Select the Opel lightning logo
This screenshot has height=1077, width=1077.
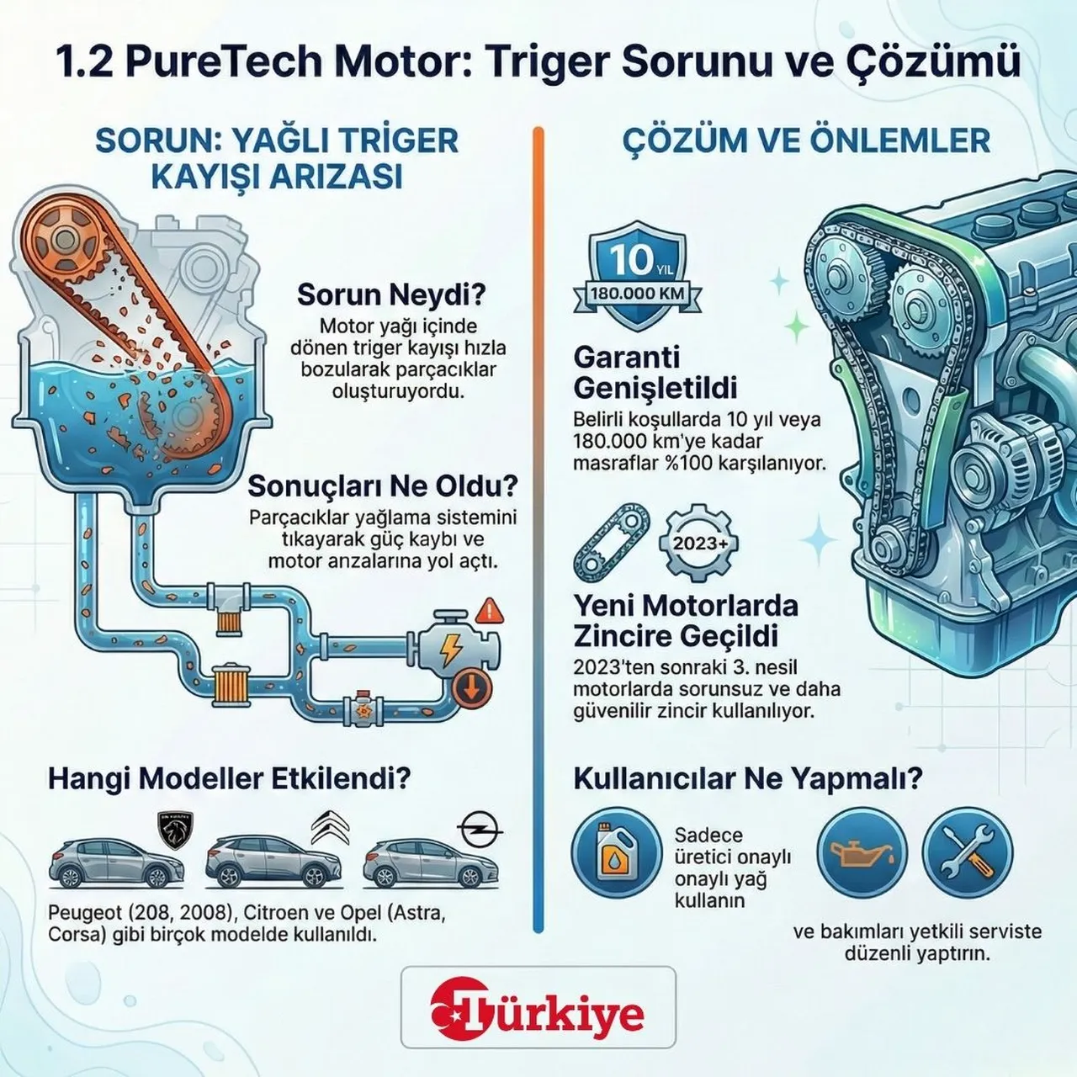click(x=482, y=830)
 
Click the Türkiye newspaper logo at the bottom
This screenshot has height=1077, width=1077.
click(x=538, y=1013)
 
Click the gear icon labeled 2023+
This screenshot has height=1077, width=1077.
click(x=700, y=543)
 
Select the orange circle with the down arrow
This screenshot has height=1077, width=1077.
click(x=472, y=687)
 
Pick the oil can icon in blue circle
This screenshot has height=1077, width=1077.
click(x=862, y=854)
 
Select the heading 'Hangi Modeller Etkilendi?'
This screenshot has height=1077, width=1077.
click(x=229, y=778)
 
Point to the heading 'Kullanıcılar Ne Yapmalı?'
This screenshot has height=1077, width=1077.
click(x=747, y=778)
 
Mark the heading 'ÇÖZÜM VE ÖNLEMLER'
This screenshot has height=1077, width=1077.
click(x=805, y=141)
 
